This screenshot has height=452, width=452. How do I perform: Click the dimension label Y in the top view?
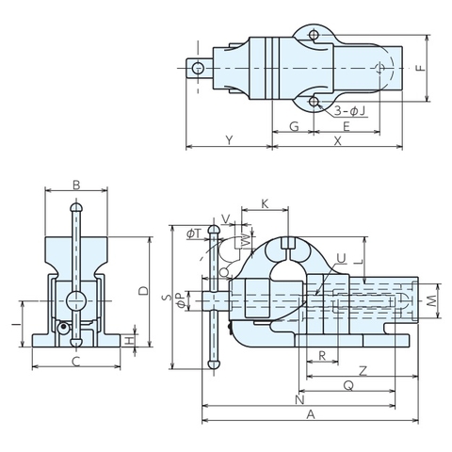(x=230, y=140)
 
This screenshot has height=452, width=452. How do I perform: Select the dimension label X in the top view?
(x=337, y=141)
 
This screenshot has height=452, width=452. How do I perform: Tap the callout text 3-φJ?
(x=350, y=111)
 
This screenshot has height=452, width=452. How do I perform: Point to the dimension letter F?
(x=421, y=68)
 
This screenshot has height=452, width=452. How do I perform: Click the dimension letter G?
(x=294, y=126)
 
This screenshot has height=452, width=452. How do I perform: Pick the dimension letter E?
(x=347, y=126)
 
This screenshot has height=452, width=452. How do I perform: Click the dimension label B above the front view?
(x=76, y=185)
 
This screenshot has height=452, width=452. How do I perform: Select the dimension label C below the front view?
(x=76, y=362)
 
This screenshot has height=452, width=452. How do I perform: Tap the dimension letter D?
(x=143, y=291)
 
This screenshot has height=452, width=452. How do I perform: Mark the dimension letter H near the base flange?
(x=129, y=341)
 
